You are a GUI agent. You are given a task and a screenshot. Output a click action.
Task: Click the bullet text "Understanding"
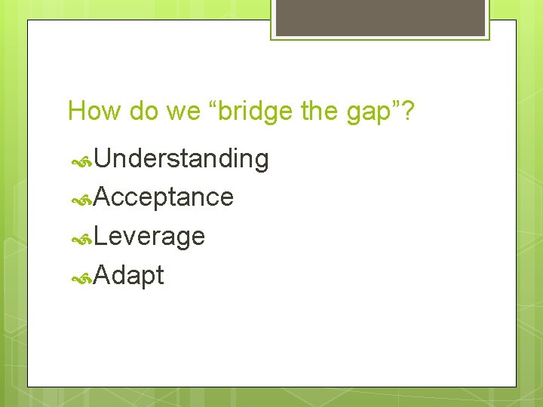pyautogui.click(x=182, y=158)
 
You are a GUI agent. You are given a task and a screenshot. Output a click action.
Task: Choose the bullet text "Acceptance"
pyautogui.click(x=164, y=197)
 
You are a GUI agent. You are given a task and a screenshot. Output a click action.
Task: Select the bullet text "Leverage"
pyautogui.click(x=150, y=237)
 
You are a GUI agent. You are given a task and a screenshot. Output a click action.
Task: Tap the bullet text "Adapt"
pyautogui.click(x=130, y=276)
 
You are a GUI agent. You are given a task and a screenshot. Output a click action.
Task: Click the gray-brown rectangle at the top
pyautogui.click(x=380, y=17)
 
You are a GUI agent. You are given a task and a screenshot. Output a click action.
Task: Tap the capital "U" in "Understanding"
pyautogui.click(x=104, y=158)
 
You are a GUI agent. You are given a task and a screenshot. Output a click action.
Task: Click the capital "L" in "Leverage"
pyautogui.click(x=102, y=237)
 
